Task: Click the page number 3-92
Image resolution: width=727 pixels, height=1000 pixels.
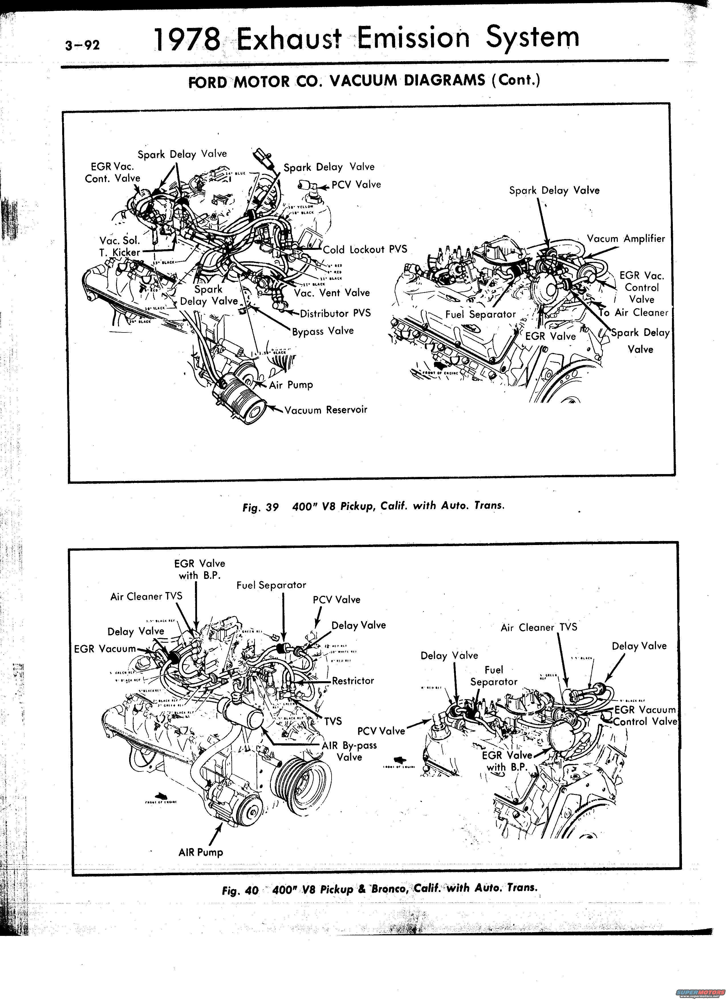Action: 82,45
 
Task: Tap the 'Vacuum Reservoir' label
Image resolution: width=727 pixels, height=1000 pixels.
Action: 326,410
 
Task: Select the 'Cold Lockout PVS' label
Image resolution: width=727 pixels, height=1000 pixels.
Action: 365,250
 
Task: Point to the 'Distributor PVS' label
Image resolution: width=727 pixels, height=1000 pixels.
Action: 335,313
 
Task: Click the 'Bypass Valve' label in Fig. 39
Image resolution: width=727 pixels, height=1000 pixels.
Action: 323,331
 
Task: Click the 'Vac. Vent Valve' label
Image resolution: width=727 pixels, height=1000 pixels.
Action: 332,293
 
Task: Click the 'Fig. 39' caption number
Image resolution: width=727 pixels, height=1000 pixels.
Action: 260,507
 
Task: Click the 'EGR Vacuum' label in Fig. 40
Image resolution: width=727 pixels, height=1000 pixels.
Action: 105,649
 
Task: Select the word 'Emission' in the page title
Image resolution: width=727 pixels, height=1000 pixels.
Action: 413,38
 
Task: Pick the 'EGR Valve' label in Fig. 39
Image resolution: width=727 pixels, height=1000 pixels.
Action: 550,336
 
